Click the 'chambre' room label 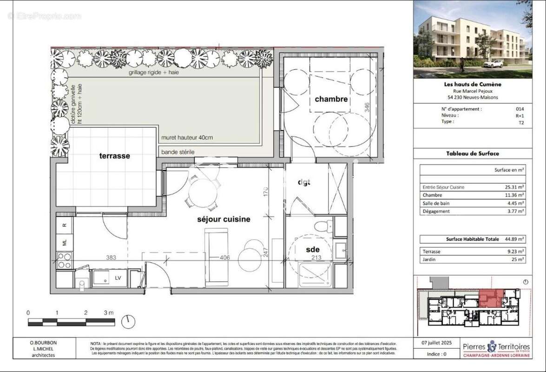(331, 99)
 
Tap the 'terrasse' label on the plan (114, 156)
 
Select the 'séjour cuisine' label (223, 219)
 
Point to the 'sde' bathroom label (313, 250)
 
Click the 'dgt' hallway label (303, 182)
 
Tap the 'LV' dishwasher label (118, 278)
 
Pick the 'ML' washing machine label (65, 242)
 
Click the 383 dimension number (110, 257)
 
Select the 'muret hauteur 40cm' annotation (187, 138)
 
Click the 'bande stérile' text (178, 152)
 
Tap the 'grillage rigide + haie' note (154, 73)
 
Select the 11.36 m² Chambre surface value (514, 195)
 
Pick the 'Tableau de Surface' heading (473, 153)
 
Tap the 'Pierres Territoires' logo (496, 348)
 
